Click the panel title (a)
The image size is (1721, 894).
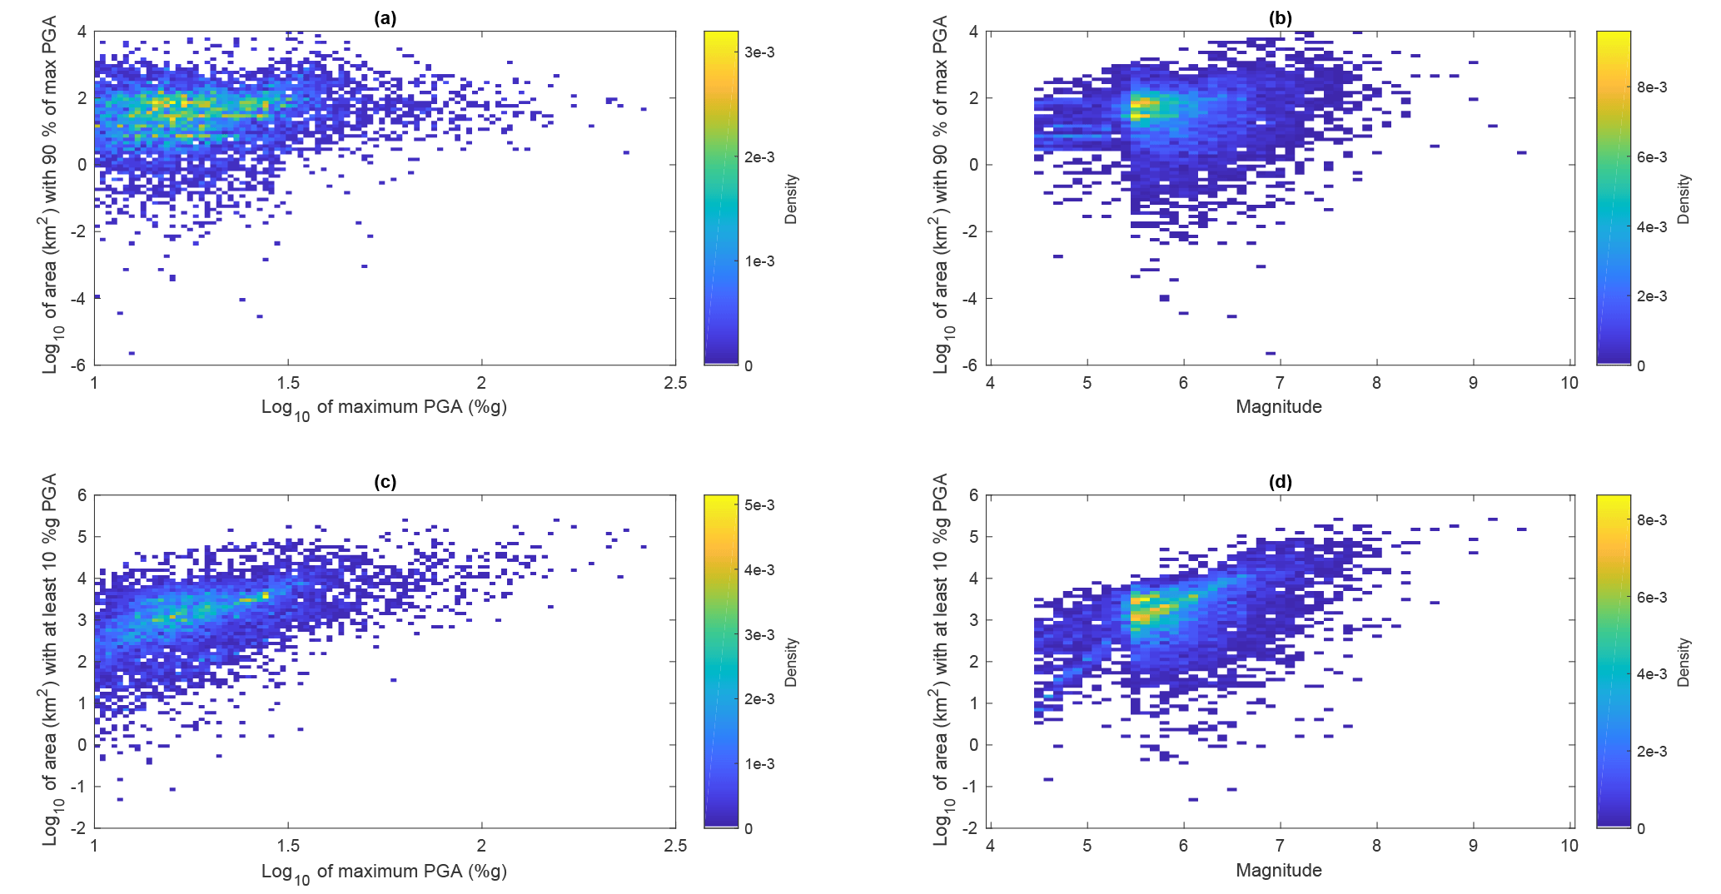[x=385, y=18]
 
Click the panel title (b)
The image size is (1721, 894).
[x=1279, y=18]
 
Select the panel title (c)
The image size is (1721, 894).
[x=385, y=482]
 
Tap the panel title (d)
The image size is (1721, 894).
[x=1279, y=482]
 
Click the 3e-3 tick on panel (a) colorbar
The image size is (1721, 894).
[x=759, y=52]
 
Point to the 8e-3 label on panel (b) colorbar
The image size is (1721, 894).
[x=1651, y=87]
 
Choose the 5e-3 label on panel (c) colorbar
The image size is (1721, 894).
[x=759, y=505]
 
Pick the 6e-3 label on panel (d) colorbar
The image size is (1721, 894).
[x=1651, y=598]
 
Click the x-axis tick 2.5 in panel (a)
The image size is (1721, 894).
[x=675, y=383]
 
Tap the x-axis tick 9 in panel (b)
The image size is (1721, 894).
[x=1473, y=383]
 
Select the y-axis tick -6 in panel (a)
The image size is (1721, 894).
[x=78, y=365]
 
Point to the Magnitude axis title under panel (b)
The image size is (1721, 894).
[x=1278, y=407]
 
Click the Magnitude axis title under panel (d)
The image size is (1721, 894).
[x=1278, y=871]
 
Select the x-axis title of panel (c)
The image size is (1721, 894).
[x=384, y=872]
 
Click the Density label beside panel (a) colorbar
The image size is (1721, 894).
[x=791, y=199]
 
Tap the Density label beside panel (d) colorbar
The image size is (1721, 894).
[x=1684, y=663]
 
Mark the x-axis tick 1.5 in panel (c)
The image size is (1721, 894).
[x=288, y=847]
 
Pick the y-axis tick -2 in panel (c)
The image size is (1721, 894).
[x=78, y=828]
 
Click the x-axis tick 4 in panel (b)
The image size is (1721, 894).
[x=990, y=383]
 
